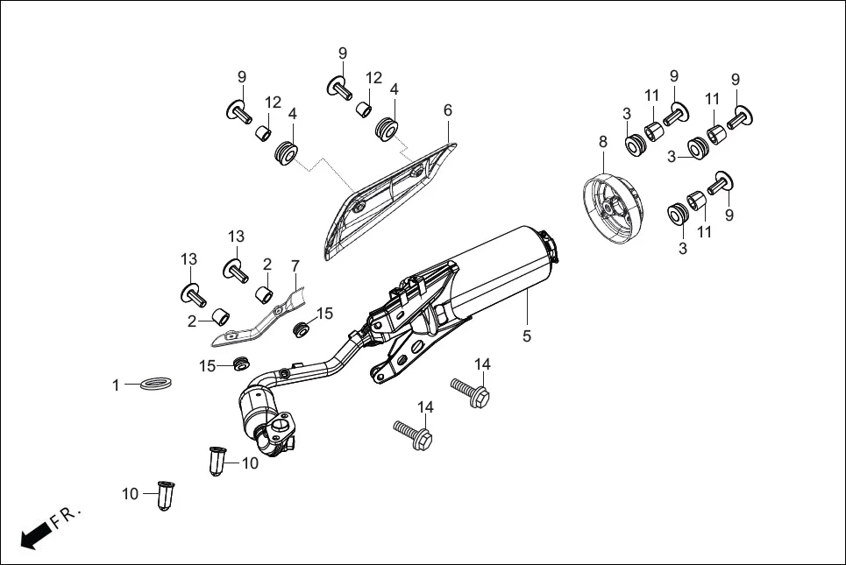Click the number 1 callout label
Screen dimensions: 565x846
point(115,385)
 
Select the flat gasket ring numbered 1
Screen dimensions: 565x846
point(155,384)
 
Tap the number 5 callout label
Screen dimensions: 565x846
point(527,335)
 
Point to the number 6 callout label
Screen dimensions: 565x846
point(448,109)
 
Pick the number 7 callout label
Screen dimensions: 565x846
point(295,265)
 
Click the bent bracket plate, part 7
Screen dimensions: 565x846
point(263,321)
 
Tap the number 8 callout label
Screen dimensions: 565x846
point(602,141)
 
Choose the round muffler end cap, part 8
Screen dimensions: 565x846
point(614,207)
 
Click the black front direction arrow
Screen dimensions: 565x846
point(33,535)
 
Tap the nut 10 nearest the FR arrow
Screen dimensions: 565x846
point(164,495)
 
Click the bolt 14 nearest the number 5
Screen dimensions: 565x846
point(471,391)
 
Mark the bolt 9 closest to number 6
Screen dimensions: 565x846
point(339,86)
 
